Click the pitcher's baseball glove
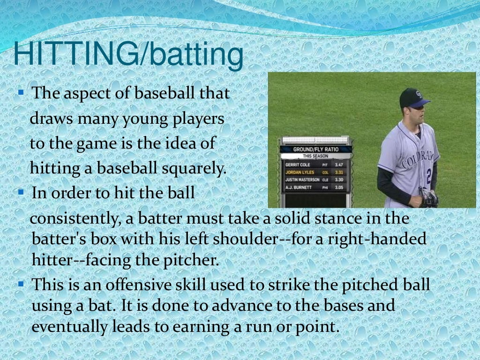(429, 199)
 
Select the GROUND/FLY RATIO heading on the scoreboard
(315, 149)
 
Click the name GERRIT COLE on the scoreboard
(298, 165)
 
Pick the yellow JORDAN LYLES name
(300, 172)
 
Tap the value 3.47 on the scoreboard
(339, 165)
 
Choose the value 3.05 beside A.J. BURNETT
(339, 187)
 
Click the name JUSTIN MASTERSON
(302, 180)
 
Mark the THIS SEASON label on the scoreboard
(315, 156)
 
